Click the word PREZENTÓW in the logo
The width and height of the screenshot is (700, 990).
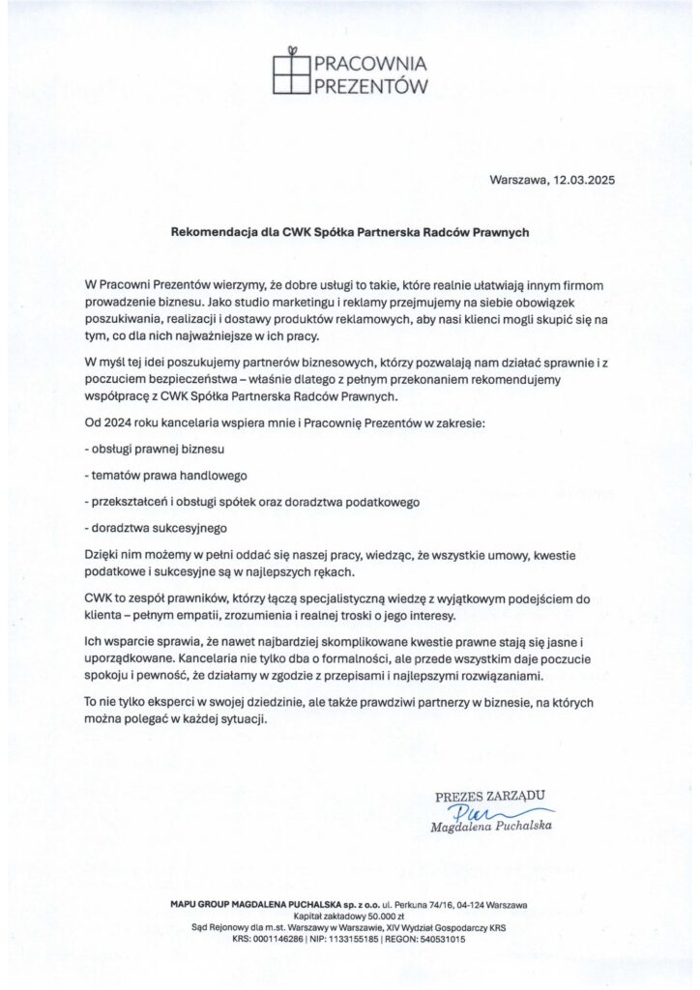tap(368, 87)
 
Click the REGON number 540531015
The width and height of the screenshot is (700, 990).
tap(435, 939)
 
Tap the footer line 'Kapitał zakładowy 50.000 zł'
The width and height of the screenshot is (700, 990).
tap(349, 914)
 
